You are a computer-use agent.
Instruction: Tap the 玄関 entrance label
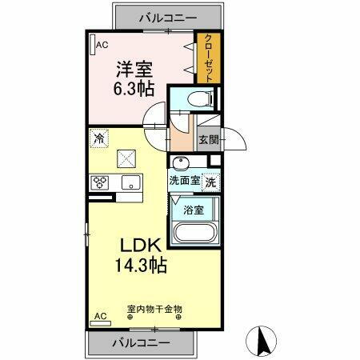(x=206, y=139)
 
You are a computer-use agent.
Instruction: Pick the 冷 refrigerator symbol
(x=98, y=138)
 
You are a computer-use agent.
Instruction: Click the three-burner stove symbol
(x=100, y=182)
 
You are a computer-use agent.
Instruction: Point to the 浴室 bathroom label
(x=193, y=210)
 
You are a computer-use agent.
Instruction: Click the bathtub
(x=194, y=235)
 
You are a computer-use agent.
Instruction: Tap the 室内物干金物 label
(x=154, y=308)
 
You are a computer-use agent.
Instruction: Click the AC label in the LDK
(x=101, y=317)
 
